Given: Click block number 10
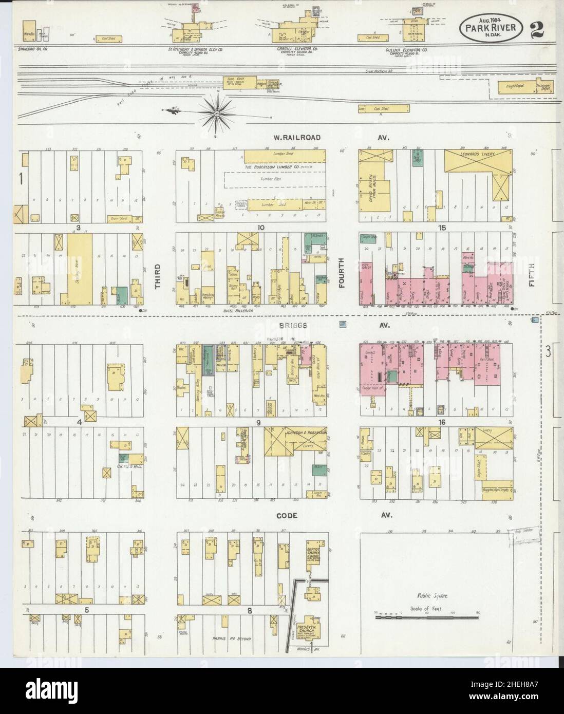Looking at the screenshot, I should [261, 227].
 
